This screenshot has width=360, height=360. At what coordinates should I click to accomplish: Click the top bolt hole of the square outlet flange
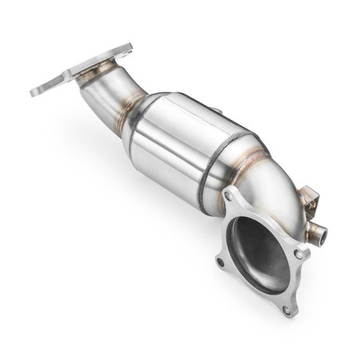230,194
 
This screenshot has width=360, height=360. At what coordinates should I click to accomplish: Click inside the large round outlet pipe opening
261,253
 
